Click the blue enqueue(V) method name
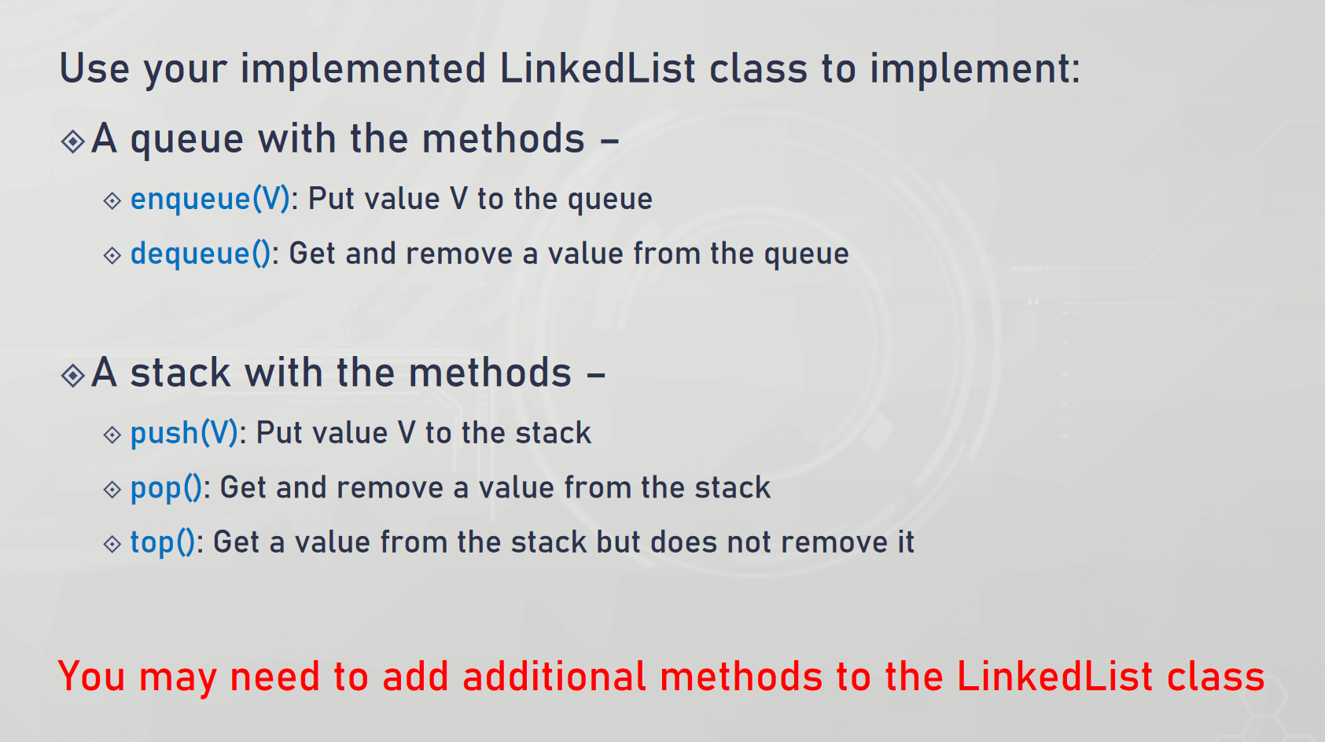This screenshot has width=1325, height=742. tap(210, 199)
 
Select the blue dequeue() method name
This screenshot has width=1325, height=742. tap(201, 254)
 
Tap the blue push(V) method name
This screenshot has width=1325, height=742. tap(184, 433)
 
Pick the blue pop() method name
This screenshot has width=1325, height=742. tap(166, 489)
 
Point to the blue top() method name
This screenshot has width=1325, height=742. tap(163, 543)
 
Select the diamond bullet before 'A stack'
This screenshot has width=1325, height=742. tap(73, 376)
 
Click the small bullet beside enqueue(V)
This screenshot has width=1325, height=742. tap(112, 201)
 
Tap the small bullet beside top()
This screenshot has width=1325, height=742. tap(112, 544)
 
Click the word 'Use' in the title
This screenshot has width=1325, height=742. tap(94, 68)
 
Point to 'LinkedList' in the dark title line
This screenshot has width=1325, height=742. tap(598, 68)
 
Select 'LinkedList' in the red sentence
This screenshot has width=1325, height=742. tap(1054, 677)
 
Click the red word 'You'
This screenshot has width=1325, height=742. tap(91, 677)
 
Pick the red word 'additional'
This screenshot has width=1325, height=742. tap(554, 677)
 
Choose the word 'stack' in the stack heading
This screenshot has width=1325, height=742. tap(180, 373)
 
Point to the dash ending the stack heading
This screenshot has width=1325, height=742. tap(597, 374)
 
